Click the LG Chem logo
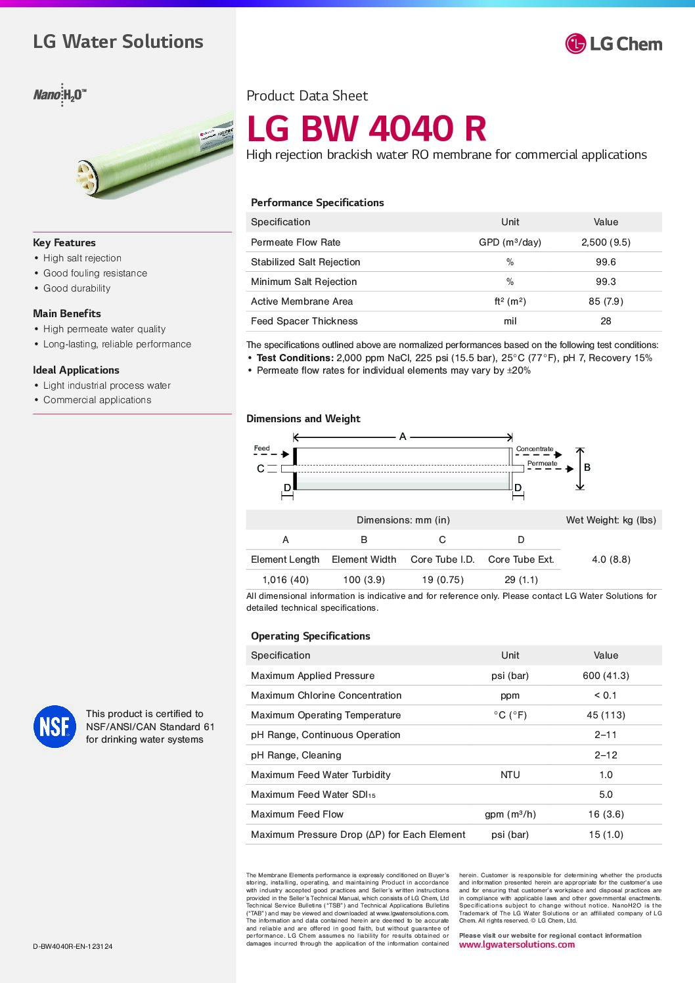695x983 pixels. click(614, 44)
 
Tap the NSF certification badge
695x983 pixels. click(55, 726)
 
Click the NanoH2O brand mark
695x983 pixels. click(60, 95)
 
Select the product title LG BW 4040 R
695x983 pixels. click(367, 128)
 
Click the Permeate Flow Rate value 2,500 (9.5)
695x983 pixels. click(606, 242)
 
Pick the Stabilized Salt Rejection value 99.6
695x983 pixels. click(606, 262)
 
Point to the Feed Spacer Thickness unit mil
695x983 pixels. click(510, 321)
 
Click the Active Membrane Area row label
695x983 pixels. click(302, 301)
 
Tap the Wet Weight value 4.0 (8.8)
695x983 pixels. click(611, 559)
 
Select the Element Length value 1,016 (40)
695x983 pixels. click(285, 580)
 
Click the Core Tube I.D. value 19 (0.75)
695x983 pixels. click(442, 580)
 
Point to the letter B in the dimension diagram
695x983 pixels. click(587, 468)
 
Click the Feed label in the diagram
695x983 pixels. click(261, 448)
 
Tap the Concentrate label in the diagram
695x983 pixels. click(535, 449)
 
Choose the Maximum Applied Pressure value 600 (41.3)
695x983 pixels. click(606, 676)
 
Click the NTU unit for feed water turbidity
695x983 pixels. click(510, 775)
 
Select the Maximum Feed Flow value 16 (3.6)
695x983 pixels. click(606, 814)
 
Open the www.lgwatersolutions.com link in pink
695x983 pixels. click(517, 945)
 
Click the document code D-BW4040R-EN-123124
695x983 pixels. click(73, 946)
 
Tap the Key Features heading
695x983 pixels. click(64, 243)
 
